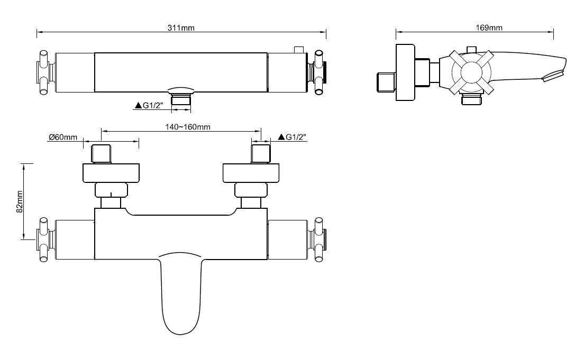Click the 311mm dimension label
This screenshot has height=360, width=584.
click(181, 28)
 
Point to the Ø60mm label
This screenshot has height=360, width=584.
click(63, 137)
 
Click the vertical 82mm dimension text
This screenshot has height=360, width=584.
click(20, 201)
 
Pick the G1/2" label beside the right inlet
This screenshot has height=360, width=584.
click(293, 137)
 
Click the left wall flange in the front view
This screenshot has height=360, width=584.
click(111, 173)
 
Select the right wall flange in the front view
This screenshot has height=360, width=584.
click(251, 173)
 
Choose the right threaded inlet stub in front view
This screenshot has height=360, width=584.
click(261, 154)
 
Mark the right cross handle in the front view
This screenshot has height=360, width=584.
click(319, 239)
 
